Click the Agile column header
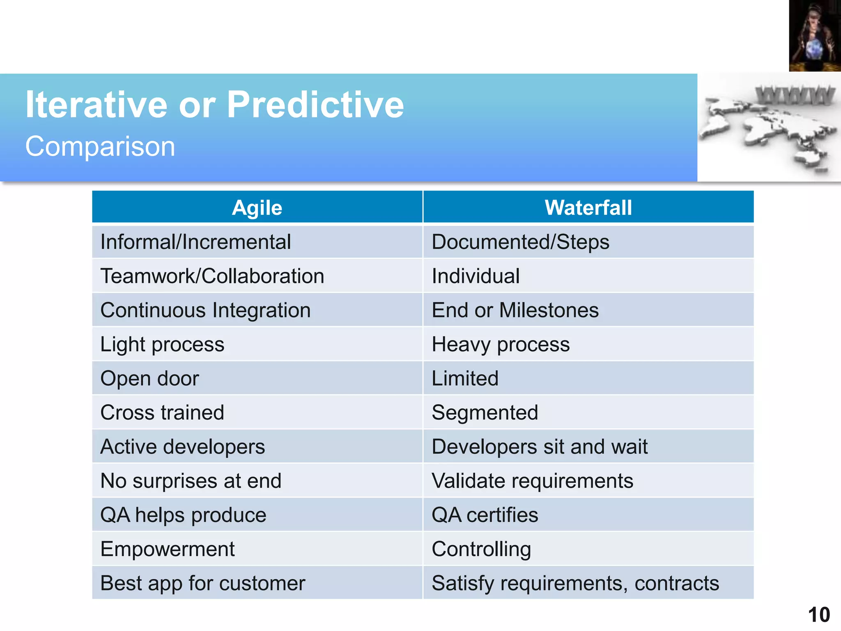point(257,207)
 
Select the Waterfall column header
point(588,207)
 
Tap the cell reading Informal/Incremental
point(195,242)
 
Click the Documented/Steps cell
point(520,242)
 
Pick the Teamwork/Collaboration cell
point(212,276)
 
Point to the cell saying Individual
point(476,276)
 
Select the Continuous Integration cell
point(205,310)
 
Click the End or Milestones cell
point(515,310)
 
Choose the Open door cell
point(149,378)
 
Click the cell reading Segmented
point(485,412)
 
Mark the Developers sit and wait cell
point(540,447)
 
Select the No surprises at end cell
point(191,481)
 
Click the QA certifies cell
point(485,515)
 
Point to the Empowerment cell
point(168,549)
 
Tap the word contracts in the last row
point(677,583)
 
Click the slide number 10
point(819,615)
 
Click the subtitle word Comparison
point(100,146)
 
